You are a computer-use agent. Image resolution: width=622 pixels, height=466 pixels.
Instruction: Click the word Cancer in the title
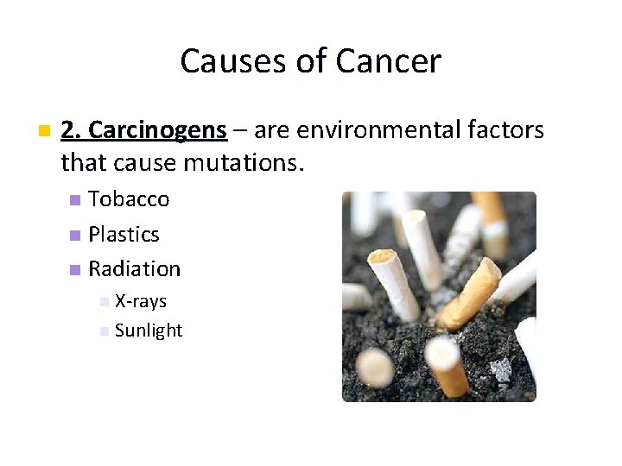[388, 61]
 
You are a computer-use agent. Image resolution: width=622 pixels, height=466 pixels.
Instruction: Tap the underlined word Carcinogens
[157, 130]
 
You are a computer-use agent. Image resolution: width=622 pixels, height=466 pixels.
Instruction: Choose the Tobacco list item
[129, 199]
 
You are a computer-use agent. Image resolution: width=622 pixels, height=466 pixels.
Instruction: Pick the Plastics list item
[124, 234]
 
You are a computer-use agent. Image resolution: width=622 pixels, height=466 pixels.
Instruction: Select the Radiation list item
[134, 268]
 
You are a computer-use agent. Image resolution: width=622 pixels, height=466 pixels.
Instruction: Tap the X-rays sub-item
[140, 301]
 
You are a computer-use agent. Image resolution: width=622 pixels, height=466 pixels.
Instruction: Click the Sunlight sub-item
[148, 331]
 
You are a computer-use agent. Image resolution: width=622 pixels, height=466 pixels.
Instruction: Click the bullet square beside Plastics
[75, 235]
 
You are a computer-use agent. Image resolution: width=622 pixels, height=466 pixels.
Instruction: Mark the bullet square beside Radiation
[75, 269]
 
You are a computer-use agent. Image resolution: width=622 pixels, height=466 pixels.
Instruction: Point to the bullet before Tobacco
[75, 200]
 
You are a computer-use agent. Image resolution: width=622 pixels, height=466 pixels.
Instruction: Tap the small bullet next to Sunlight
[104, 331]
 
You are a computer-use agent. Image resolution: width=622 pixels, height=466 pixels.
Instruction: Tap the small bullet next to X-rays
[104, 302]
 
